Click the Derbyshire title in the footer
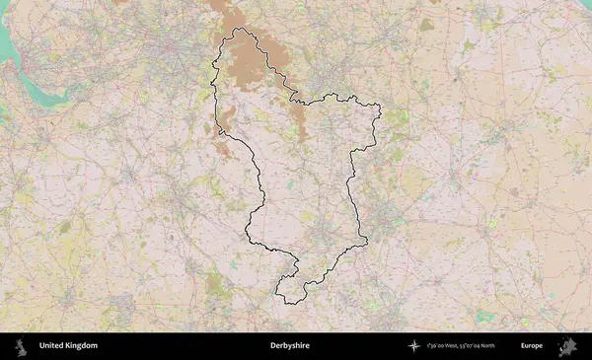[289, 345]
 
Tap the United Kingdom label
[68, 345]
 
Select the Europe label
[532, 345]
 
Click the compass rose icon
[414, 345]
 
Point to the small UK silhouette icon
[22, 345]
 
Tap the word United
[51, 345]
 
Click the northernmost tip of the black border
[238, 29]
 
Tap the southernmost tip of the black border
[287, 303]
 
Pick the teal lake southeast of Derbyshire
[484, 317]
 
